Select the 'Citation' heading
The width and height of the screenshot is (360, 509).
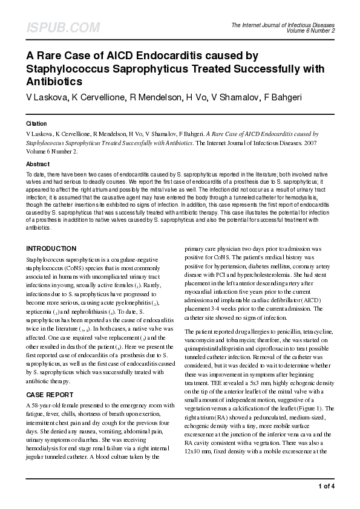click(36, 123)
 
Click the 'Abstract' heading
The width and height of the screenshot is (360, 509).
click(38, 164)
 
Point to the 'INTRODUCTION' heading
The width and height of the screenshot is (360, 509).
click(51, 248)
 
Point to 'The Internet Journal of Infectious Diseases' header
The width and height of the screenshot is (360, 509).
click(283, 25)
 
